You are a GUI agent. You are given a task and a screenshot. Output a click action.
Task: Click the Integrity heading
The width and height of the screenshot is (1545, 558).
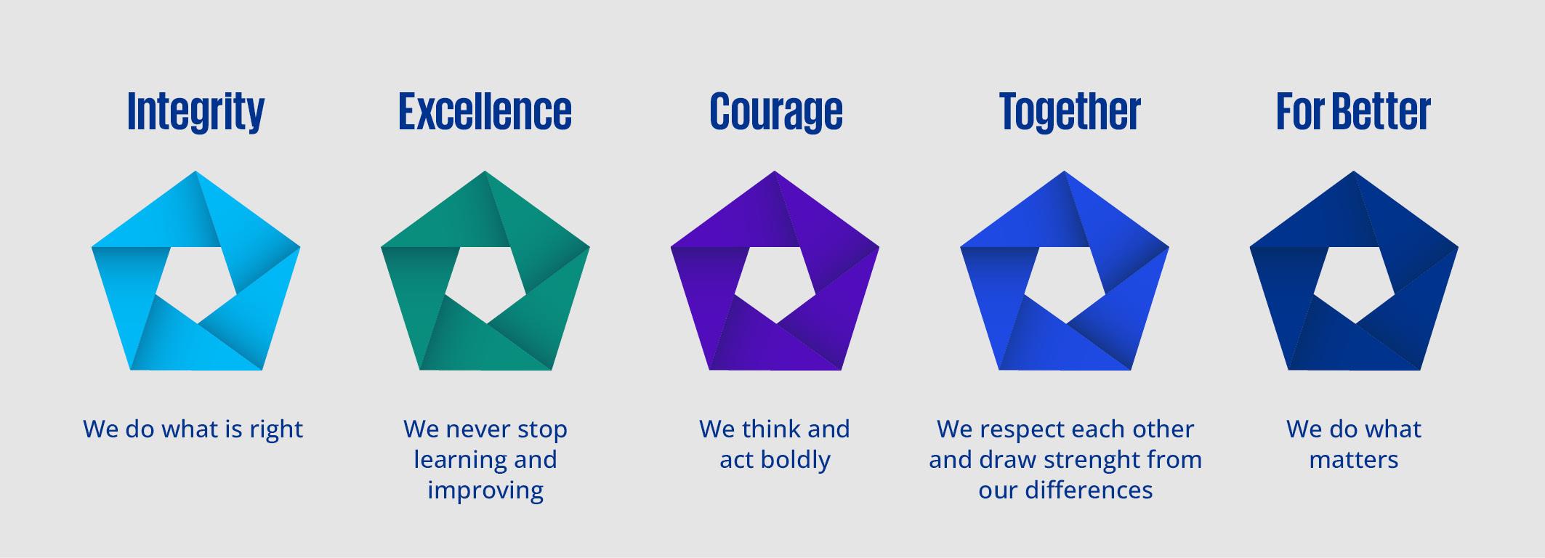coord(195,112)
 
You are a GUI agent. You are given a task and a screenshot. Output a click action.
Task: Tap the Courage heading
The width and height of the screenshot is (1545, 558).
coord(775,112)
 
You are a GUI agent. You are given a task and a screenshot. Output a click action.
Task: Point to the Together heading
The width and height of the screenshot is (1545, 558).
coord(1070,112)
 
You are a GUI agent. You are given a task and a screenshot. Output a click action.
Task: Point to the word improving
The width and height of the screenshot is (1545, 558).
coord(485,491)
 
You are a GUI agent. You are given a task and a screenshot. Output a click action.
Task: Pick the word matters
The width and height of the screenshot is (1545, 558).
coord(1354,460)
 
